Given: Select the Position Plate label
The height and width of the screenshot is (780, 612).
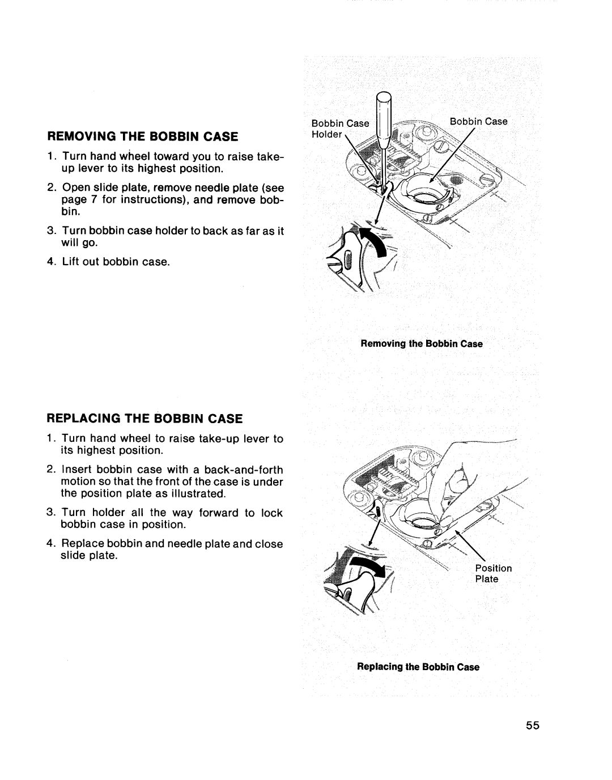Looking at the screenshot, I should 493,573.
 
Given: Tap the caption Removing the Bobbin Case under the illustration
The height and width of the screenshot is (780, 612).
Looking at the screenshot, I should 419,344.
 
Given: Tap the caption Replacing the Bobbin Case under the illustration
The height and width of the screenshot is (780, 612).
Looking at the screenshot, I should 418,667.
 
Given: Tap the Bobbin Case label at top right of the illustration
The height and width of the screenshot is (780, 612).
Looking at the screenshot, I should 478,121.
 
